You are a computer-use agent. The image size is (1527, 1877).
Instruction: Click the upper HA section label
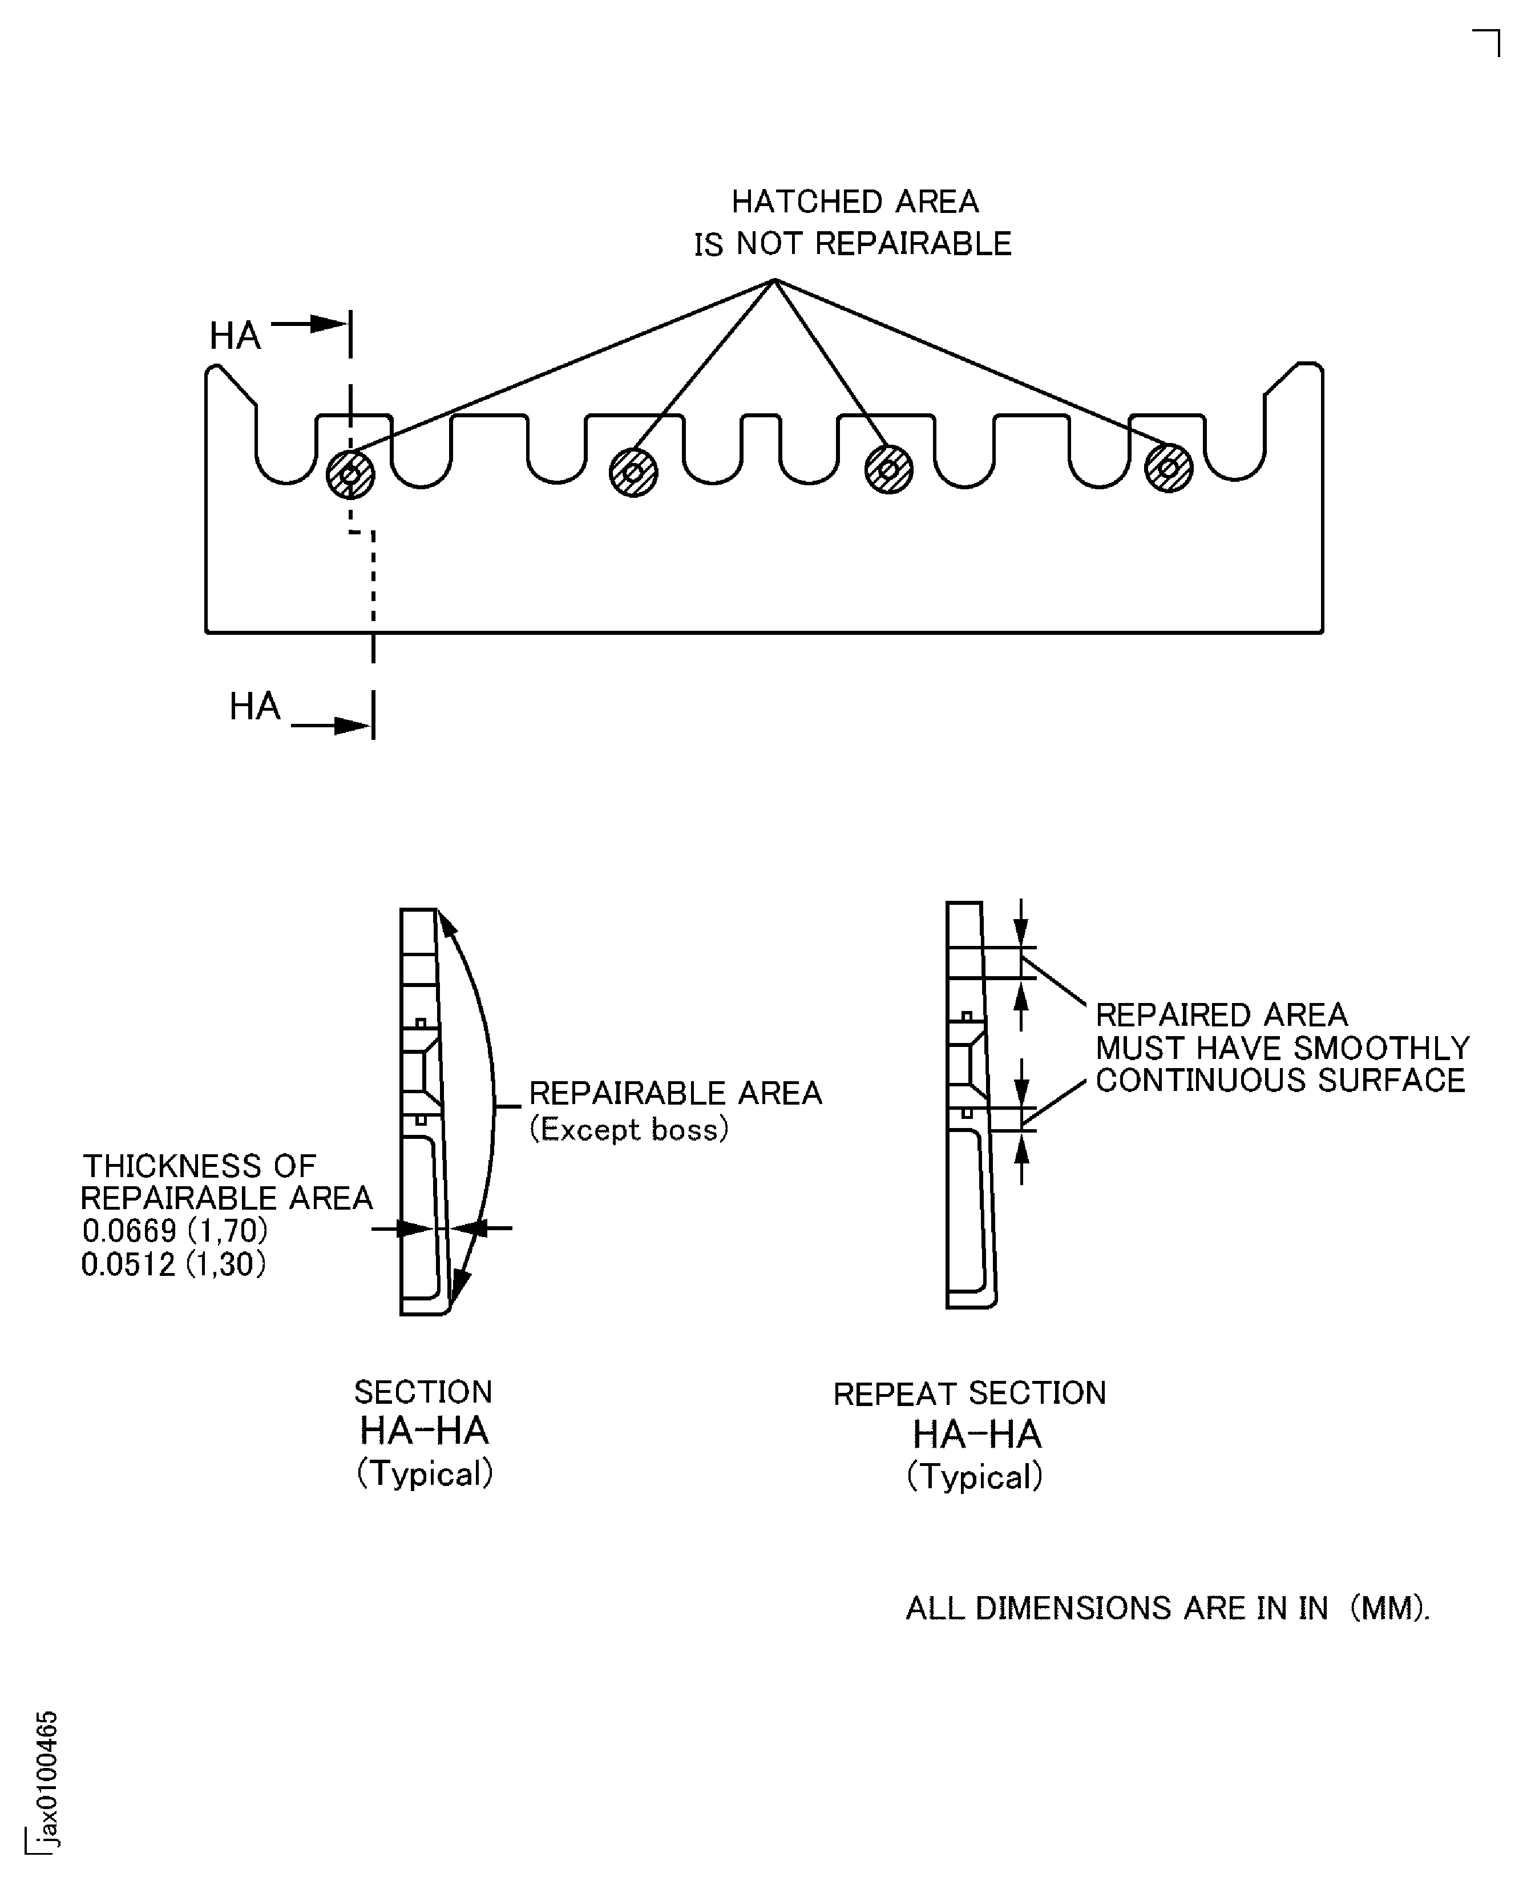[235, 335]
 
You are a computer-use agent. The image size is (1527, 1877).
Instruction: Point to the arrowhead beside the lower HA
[353, 726]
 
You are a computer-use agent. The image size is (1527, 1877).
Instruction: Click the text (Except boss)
[629, 1129]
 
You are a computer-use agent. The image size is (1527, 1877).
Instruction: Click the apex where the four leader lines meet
[774, 280]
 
